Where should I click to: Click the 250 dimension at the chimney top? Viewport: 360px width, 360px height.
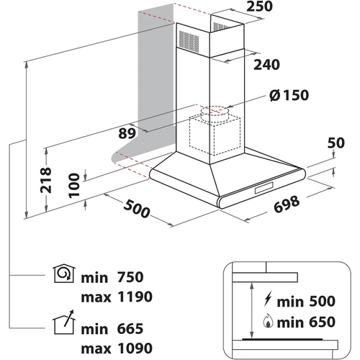coord(260,6)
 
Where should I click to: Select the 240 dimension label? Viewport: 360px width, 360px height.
coord(266,65)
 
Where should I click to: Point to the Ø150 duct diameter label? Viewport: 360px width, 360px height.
coord(289,95)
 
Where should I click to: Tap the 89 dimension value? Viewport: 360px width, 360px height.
coord(127,133)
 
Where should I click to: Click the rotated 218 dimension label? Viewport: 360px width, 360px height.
coord(46,180)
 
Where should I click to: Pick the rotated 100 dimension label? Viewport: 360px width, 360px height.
coord(74,186)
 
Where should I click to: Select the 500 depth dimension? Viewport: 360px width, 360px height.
coord(137,209)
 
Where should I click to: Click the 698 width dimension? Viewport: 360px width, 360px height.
coord(287,204)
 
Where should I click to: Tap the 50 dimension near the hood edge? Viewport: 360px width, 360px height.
coord(336,143)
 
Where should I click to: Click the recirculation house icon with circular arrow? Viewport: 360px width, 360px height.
coord(64,273)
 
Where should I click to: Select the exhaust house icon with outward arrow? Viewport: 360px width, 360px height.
coord(64,322)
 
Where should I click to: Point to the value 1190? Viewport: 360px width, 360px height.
coord(135,297)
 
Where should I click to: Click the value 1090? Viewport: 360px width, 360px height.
coord(135,348)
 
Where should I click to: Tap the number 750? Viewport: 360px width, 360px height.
coord(130,277)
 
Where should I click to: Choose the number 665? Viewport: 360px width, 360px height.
coord(130,328)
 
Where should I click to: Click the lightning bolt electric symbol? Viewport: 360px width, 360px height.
coord(268,299)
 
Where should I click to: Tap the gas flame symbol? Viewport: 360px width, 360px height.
coord(268,321)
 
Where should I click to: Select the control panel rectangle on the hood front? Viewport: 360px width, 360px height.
coord(264,188)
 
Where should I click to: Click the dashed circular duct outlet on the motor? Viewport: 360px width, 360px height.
coord(215,111)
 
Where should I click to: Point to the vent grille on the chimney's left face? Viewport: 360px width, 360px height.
coord(189,42)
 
